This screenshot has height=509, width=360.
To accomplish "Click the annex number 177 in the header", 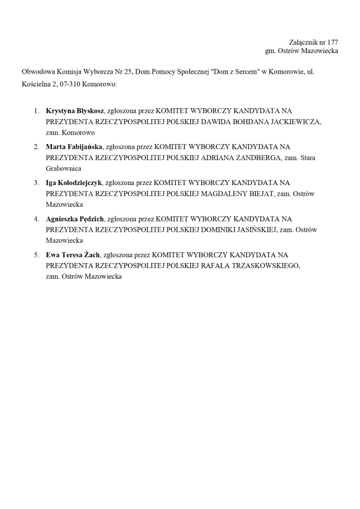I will pos(332,42).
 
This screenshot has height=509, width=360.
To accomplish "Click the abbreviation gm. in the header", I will pos(271,51).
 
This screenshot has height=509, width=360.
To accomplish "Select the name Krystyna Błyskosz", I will pos(75,111).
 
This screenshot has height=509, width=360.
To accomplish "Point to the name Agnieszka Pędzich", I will pos(75,219).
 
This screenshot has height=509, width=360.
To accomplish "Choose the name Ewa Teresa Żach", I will pos(73,255).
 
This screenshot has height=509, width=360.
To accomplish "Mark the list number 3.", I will pos(37,183).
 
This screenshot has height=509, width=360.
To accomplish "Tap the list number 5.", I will pos(37,255).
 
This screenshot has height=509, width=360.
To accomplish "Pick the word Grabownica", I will pos(63,169).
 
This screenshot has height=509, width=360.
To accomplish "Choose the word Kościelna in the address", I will pos(37,84).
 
